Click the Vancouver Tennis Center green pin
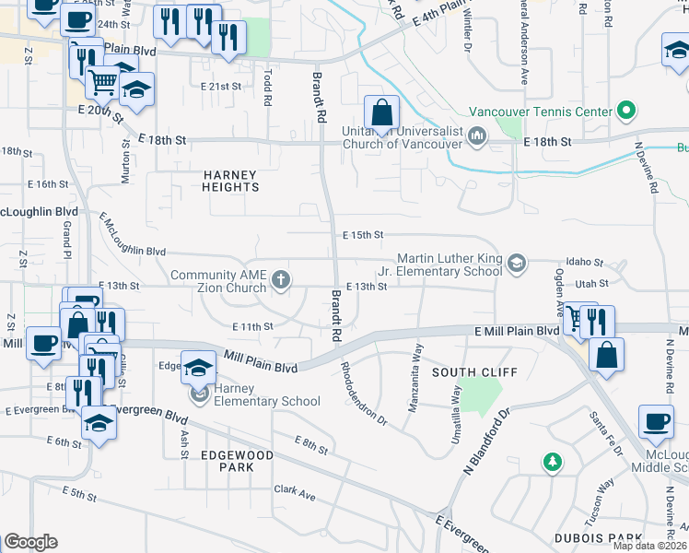pyautogui.click(x=627, y=112)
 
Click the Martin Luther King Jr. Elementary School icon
pyautogui.click(x=517, y=265)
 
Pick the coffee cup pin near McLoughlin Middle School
pyautogui.click(x=657, y=423)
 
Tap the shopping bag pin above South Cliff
pyautogui.click(x=607, y=356)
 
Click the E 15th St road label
pyautogui.click(x=363, y=236)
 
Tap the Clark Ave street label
pyautogui.click(x=294, y=496)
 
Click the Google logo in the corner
pyautogui.click(x=30, y=542)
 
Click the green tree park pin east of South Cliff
pyautogui.click(x=553, y=461)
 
